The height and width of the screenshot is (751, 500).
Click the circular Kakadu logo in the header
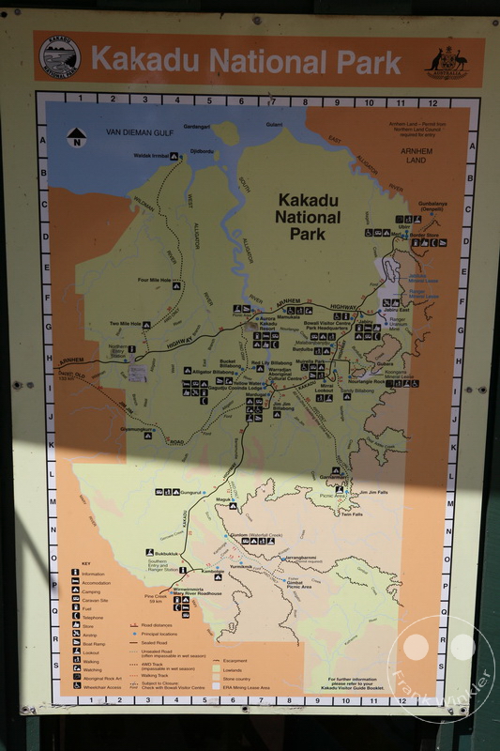click(x=60, y=57)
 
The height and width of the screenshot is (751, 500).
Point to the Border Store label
click(x=426, y=235)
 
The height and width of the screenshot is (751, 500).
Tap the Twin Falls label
click(x=352, y=513)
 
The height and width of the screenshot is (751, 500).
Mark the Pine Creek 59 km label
click(x=155, y=599)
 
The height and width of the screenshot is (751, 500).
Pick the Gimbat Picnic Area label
click(x=298, y=584)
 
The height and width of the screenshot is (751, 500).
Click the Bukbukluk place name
click(x=156, y=554)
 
